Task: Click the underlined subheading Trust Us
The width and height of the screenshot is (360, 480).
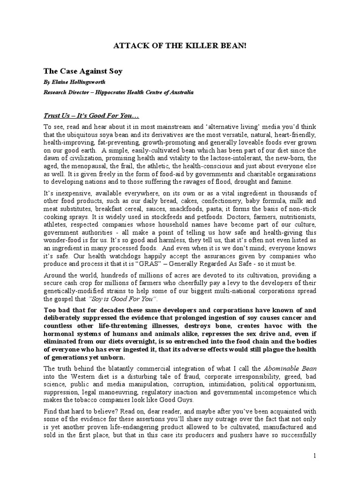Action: tap(60, 115)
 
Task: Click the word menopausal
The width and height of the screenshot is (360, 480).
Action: tap(81, 166)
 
